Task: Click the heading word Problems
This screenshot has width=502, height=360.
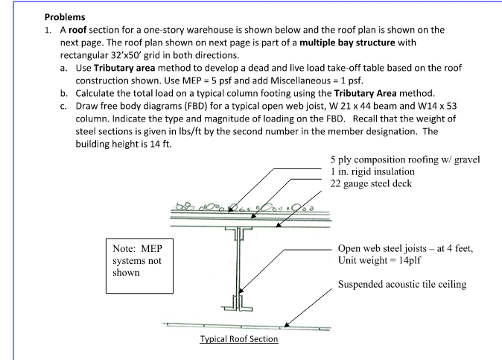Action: pyautogui.click(x=65, y=16)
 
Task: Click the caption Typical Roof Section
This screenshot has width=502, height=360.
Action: pyautogui.click(x=238, y=339)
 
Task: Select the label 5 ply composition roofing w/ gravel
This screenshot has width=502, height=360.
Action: pyautogui.click(x=405, y=160)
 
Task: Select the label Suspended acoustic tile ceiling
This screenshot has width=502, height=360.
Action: pyautogui.click(x=402, y=285)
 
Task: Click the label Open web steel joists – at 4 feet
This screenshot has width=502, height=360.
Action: pyautogui.click(x=405, y=249)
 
